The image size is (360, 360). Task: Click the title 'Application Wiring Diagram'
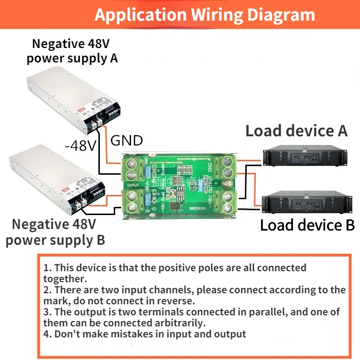[204, 15]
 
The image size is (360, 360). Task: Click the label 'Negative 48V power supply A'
[72, 51]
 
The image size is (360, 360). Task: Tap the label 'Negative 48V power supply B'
[55, 232]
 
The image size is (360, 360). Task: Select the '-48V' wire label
[80, 145]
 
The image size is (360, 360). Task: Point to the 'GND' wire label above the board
[127, 141]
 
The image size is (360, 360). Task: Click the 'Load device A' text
[296, 131]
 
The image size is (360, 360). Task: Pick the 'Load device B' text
[307, 225]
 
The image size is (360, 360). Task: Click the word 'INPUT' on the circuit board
[133, 184]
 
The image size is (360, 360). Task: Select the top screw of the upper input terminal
[132, 163]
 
